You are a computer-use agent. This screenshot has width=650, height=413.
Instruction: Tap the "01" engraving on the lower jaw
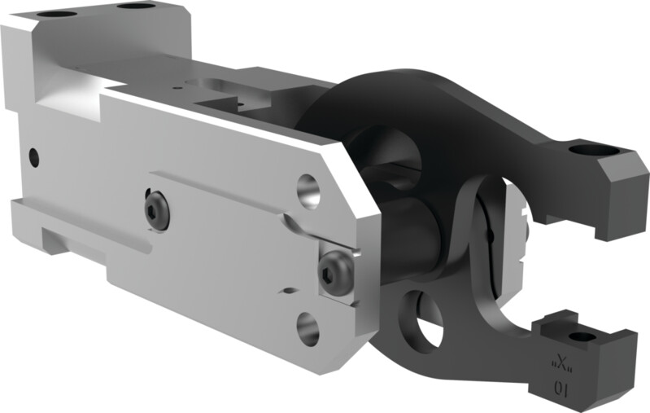click(561, 389)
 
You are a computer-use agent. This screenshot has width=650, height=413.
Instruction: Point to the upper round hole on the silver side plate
click(308, 189)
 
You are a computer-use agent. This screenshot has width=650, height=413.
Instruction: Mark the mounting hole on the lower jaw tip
click(581, 336)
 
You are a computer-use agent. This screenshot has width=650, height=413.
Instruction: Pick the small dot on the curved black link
click(491, 235)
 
